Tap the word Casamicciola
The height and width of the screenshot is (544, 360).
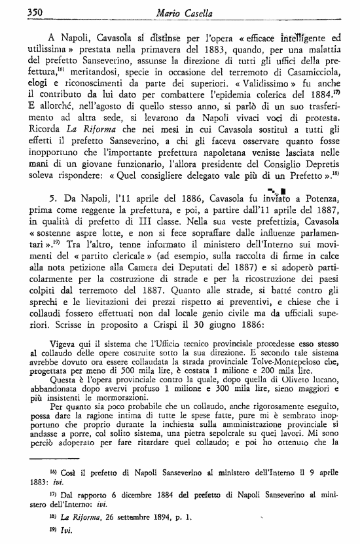[308, 90]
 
